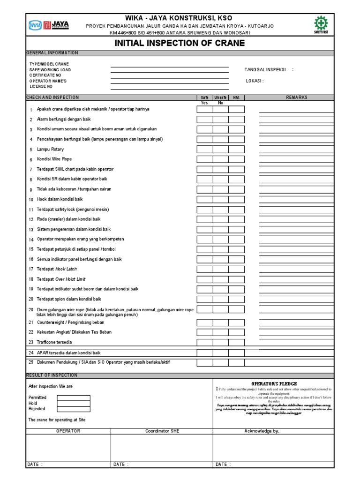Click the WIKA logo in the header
pos(35,25)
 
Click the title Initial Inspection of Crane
pos(180,44)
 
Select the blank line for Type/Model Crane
pos(169,65)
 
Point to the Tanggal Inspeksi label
pos(265,69)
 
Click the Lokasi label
pos(255,81)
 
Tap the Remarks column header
pos(296,97)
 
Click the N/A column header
pos(236,97)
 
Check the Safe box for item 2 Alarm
pos(205,120)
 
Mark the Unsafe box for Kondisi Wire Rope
pos(221,159)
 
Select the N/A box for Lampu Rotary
pos(236,150)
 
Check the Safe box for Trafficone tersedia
pos(205,342)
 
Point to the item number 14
pos(31,239)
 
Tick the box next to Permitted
pos(74,397)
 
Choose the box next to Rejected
pos(74,409)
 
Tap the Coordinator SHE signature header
pos(162,431)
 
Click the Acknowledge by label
pos(262,431)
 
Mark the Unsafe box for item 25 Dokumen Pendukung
pos(221,363)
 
